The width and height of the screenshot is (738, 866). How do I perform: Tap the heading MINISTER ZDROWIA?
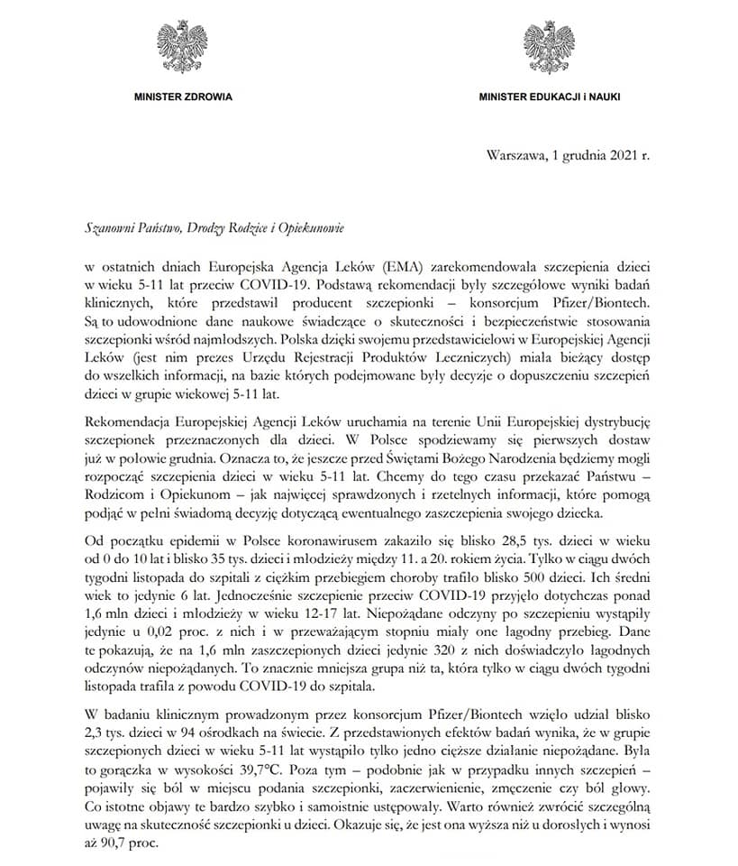(x=182, y=96)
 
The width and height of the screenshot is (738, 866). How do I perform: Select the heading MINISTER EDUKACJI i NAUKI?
(x=549, y=96)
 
